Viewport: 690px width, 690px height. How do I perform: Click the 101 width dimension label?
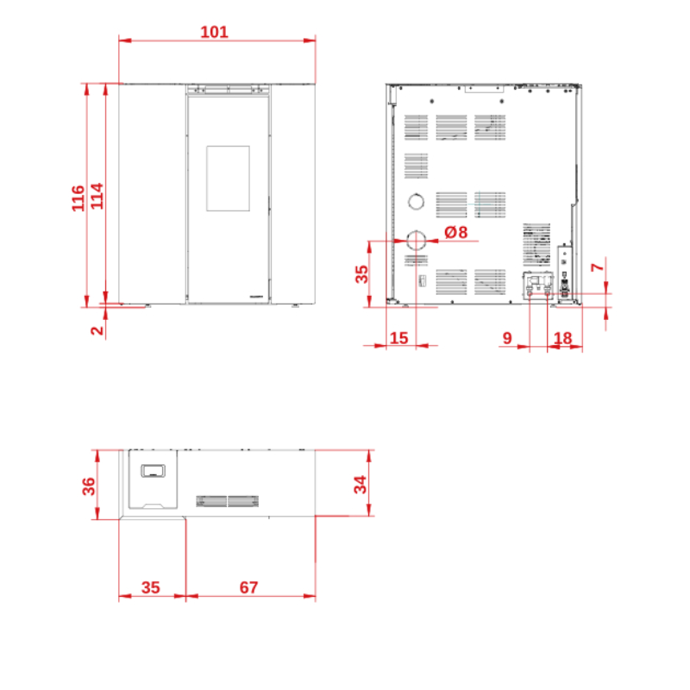click(x=214, y=32)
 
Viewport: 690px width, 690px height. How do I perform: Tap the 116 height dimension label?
click(x=78, y=198)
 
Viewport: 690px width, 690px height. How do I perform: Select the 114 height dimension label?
click(x=97, y=197)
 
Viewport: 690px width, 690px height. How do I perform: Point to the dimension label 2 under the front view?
click(x=97, y=330)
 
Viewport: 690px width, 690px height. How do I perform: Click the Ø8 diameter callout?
click(x=456, y=232)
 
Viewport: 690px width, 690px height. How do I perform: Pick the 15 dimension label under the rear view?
click(x=399, y=338)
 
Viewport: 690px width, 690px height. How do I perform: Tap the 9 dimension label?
click(x=507, y=338)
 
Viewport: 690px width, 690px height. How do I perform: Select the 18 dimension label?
click(x=563, y=338)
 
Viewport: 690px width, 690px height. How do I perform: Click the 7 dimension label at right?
click(x=597, y=267)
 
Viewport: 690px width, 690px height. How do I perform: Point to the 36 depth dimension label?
click(x=89, y=486)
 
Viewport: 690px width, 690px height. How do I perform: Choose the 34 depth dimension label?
click(x=361, y=485)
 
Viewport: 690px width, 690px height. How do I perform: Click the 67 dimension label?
click(x=248, y=587)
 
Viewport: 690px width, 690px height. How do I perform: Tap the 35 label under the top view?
click(x=150, y=587)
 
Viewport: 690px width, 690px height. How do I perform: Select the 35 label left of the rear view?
click(x=361, y=274)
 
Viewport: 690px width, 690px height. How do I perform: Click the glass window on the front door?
click(x=228, y=179)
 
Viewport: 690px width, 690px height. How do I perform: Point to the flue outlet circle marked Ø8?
click(x=416, y=231)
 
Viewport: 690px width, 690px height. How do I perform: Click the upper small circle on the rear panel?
click(x=416, y=193)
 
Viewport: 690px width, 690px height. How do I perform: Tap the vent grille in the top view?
click(x=227, y=501)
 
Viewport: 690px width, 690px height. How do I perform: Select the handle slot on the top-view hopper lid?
click(x=153, y=465)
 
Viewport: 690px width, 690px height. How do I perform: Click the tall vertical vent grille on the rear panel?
click(x=536, y=244)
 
